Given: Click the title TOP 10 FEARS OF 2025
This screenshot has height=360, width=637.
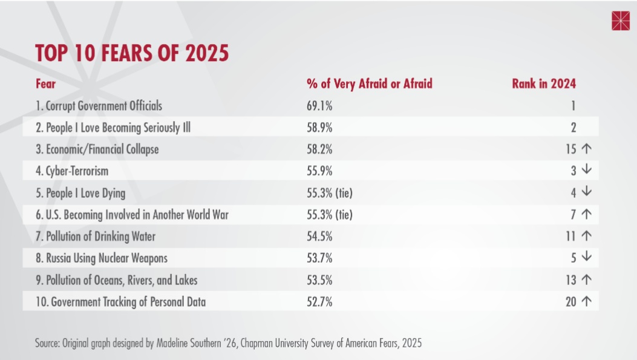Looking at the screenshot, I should pyautogui.click(x=132, y=53).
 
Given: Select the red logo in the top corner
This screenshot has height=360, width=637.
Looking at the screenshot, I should pyautogui.click(x=621, y=20).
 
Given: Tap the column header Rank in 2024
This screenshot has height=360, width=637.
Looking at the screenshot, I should pyautogui.click(x=543, y=84).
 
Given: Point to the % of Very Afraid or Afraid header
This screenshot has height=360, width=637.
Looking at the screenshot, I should pyautogui.click(x=369, y=84).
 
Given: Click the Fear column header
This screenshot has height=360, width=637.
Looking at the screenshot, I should pyautogui.click(x=45, y=84).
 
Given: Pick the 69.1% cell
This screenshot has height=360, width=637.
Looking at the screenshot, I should pyautogui.click(x=319, y=106).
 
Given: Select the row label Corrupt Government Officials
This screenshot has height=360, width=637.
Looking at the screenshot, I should pyautogui.click(x=99, y=106).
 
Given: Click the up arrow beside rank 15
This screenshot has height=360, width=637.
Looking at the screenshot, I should pyautogui.click(x=586, y=149).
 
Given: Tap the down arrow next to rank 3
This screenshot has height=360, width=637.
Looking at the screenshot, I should pyautogui.click(x=586, y=171).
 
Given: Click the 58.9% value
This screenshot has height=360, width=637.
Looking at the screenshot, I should pyautogui.click(x=319, y=128).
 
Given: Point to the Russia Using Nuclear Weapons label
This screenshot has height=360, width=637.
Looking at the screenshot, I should pyautogui.click(x=101, y=258).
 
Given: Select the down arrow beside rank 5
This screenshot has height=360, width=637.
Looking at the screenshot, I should pyautogui.click(x=586, y=258).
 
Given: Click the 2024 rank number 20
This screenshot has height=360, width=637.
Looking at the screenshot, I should pyautogui.click(x=571, y=301).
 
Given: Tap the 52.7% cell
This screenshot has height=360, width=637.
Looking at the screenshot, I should pyautogui.click(x=319, y=301).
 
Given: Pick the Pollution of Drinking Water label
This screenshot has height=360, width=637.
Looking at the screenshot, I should pyautogui.click(x=95, y=236).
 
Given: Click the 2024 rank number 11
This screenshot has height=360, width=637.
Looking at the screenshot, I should pyautogui.click(x=571, y=236).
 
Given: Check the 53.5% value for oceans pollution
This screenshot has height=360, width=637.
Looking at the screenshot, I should pyautogui.click(x=319, y=280).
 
